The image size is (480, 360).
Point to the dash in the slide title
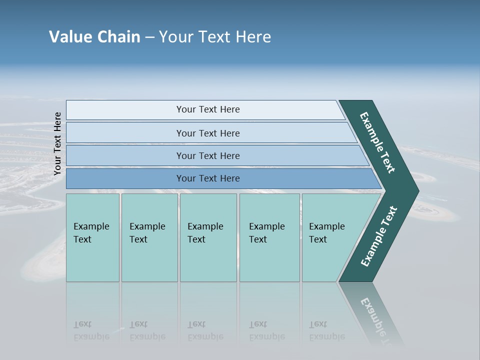[150, 37]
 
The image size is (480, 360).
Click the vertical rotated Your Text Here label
[57, 144]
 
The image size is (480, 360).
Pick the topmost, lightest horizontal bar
[207, 109]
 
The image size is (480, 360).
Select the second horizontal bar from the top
[207, 133]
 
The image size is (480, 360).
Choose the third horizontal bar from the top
[207, 155]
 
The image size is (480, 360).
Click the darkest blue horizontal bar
[207, 178]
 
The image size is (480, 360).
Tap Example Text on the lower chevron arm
[378, 236]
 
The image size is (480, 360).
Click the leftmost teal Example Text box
[92, 237]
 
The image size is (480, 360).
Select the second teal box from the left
[149, 237]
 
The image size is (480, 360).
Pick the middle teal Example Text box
[208, 237]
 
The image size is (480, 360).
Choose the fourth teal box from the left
[269, 237]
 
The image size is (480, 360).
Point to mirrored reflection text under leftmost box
[91, 331]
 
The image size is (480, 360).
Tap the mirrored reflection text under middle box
[205, 331]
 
